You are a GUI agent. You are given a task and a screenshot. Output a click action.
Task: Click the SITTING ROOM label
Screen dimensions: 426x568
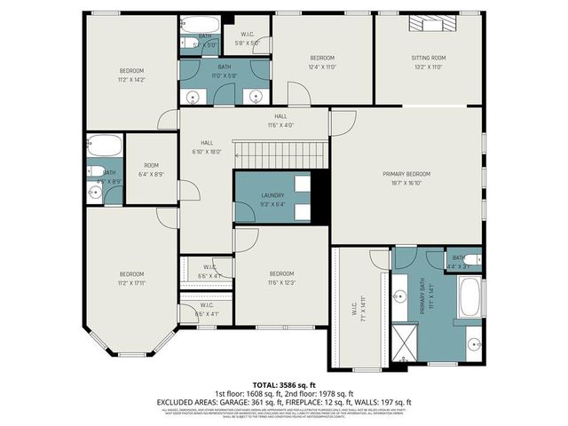(x=428, y=58)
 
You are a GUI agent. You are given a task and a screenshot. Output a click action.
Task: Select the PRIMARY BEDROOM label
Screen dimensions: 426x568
(x=407, y=174)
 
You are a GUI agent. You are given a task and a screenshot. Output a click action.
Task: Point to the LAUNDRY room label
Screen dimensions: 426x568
(x=272, y=195)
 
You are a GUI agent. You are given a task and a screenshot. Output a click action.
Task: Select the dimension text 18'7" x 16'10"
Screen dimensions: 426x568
(x=407, y=183)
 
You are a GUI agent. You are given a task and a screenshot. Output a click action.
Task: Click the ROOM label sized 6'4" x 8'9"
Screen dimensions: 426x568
(x=152, y=165)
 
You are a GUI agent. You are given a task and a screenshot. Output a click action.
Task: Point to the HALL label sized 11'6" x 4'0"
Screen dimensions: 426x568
(x=280, y=116)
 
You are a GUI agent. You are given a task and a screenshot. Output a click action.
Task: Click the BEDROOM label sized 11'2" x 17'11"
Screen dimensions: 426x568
(x=131, y=273)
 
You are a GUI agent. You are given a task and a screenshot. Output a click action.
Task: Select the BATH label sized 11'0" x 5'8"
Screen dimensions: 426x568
(x=225, y=66)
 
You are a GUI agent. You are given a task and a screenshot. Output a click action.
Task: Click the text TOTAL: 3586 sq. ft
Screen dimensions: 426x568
(x=284, y=384)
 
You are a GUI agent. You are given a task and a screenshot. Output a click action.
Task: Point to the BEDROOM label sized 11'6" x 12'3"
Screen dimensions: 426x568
(x=281, y=272)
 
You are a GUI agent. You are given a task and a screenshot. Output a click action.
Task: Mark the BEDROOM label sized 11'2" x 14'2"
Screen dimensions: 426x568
(x=131, y=70)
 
